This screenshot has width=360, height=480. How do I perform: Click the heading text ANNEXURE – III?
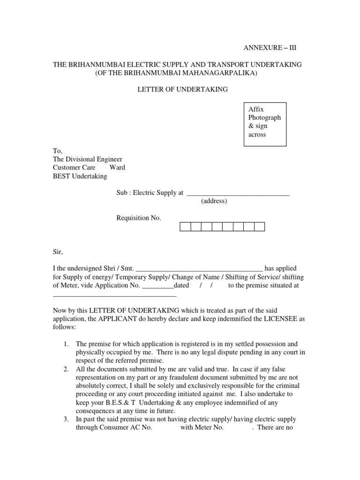tap(270, 48)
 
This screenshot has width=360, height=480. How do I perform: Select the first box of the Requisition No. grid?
tap(185, 227)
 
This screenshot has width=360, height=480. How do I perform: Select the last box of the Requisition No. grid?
tap(259, 227)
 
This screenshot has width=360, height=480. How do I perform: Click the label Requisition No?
tap(139, 218)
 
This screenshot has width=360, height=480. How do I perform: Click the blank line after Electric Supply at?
tap(238, 194)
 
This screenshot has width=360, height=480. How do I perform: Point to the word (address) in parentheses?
tap(214, 201)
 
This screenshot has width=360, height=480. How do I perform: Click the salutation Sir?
tap(57, 252)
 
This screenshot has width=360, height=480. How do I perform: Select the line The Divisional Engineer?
tap(88, 159)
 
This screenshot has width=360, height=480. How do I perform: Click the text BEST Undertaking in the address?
tap(80, 176)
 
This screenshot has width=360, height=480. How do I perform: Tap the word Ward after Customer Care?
tap(117, 168)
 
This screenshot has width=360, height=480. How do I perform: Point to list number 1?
tap(66, 344)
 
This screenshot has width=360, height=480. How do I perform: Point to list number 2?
tap(66, 369)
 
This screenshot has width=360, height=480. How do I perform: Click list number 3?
tap(66, 420)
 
